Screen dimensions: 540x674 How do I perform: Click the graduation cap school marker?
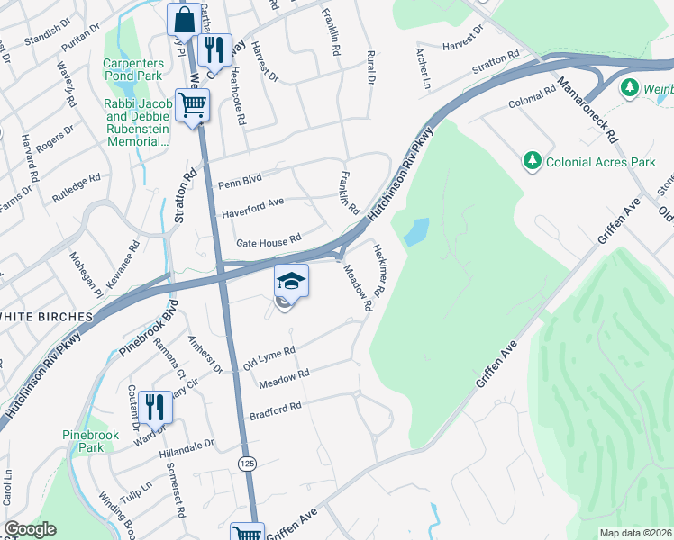click(x=290, y=282)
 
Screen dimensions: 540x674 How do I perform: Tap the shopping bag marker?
click(x=184, y=19)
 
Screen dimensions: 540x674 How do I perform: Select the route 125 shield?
click(x=246, y=463)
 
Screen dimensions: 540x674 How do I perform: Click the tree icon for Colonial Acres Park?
click(x=533, y=161)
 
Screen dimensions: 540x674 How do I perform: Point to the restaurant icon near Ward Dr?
click(x=155, y=407)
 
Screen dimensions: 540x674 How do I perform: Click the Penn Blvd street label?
click(x=240, y=183)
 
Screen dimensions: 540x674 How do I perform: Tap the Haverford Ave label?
click(x=253, y=213)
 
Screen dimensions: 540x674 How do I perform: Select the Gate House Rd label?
click(x=268, y=242)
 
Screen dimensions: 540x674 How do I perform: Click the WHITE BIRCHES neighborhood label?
click(x=47, y=317)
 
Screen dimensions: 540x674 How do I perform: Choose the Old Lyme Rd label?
click(x=269, y=357)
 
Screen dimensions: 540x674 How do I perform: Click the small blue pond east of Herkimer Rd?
click(x=416, y=232)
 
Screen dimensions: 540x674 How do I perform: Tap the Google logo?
click(x=30, y=529)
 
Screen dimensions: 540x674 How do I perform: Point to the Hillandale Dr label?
click(x=187, y=444)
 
